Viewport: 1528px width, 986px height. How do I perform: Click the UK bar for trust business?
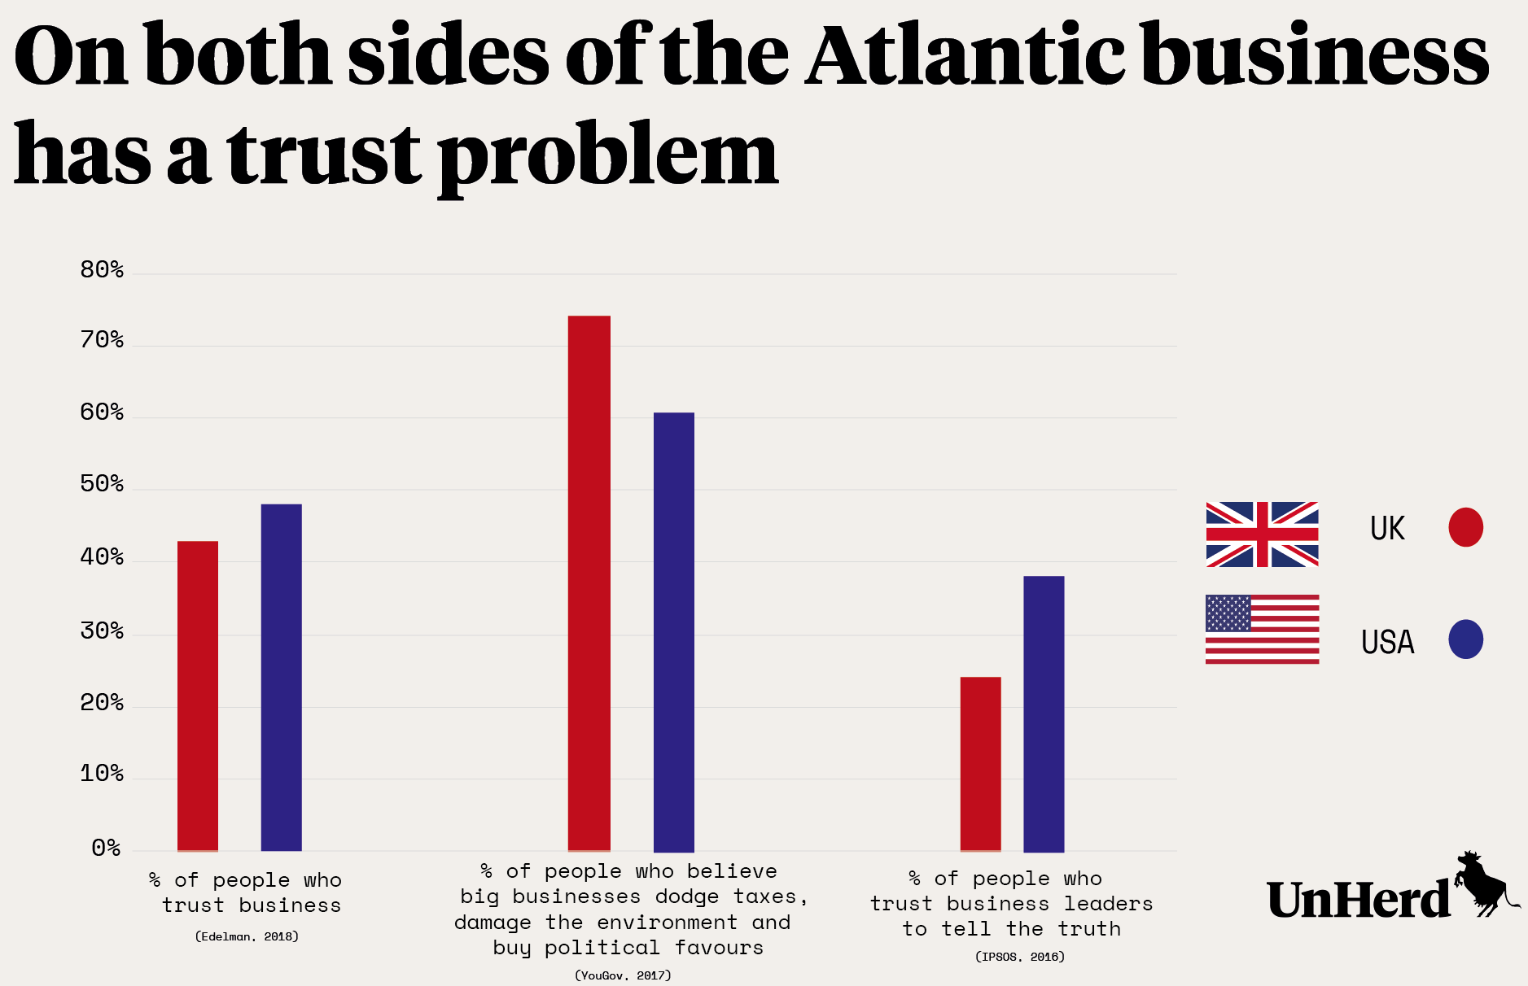coord(198,696)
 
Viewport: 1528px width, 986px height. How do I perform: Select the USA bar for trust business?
coord(281,677)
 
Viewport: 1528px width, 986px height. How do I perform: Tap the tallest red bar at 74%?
coord(589,582)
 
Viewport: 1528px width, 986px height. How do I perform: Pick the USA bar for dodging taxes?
coord(674,631)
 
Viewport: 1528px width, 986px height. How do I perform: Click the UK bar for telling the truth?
coord(980,763)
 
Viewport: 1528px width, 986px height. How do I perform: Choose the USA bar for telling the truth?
coord(1044,713)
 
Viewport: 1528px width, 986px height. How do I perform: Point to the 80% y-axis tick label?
coord(102,270)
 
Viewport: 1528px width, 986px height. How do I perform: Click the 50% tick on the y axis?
coord(102,485)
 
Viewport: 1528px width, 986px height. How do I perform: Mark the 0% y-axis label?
coord(106,849)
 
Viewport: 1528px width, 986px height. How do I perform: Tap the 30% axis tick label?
coord(102,630)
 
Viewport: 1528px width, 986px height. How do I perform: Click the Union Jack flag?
coord(1262,534)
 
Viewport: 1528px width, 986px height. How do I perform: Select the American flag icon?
coord(1262,629)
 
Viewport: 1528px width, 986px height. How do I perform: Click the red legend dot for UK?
coord(1465,527)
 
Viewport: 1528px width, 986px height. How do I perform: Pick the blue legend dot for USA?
coord(1465,639)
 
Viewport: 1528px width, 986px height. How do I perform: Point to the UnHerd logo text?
coord(1358,900)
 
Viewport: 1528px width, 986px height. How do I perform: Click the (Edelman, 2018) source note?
coord(247,936)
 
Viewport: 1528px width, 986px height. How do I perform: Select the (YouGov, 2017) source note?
coord(623,975)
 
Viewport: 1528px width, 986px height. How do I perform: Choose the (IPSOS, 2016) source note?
coord(1019,957)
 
